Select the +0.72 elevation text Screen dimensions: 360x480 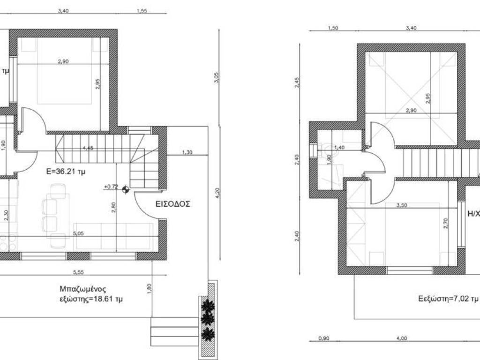click(x=111, y=187)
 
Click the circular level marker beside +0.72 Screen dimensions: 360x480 click(x=125, y=189)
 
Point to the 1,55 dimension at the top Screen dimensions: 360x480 click(x=142, y=11)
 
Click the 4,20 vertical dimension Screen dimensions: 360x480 click(x=216, y=192)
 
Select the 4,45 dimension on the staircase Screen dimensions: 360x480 click(x=87, y=148)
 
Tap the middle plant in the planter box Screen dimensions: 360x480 click(x=208, y=318)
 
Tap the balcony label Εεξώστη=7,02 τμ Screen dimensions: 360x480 click(x=448, y=298)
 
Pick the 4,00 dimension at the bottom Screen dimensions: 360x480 click(x=401, y=338)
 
